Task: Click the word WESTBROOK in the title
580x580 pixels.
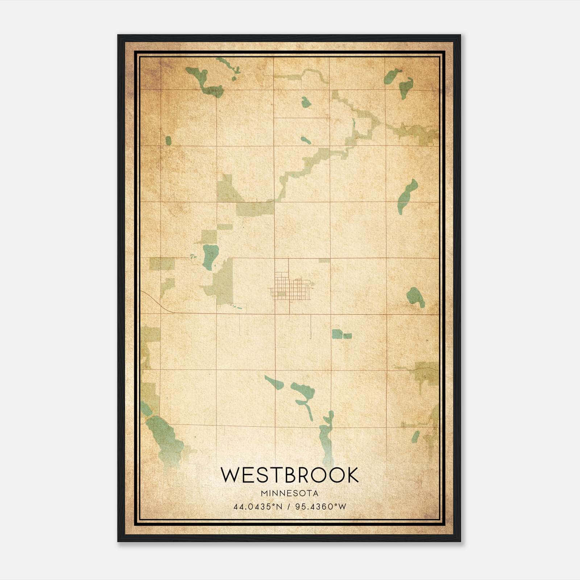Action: pyautogui.click(x=290, y=475)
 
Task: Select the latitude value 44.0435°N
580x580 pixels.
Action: pyautogui.click(x=258, y=506)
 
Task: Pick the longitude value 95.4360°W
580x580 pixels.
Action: pyautogui.click(x=321, y=506)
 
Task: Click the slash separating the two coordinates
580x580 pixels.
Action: pyautogui.click(x=289, y=506)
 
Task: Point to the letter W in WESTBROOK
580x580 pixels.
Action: pyautogui.click(x=230, y=475)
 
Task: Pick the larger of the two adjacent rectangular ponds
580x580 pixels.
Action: pyautogui.click(x=337, y=334)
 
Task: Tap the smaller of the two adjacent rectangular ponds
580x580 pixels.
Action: pyautogui.click(x=347, y=336)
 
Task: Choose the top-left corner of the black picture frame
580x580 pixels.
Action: pyautogui.click(x=118, y=36)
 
